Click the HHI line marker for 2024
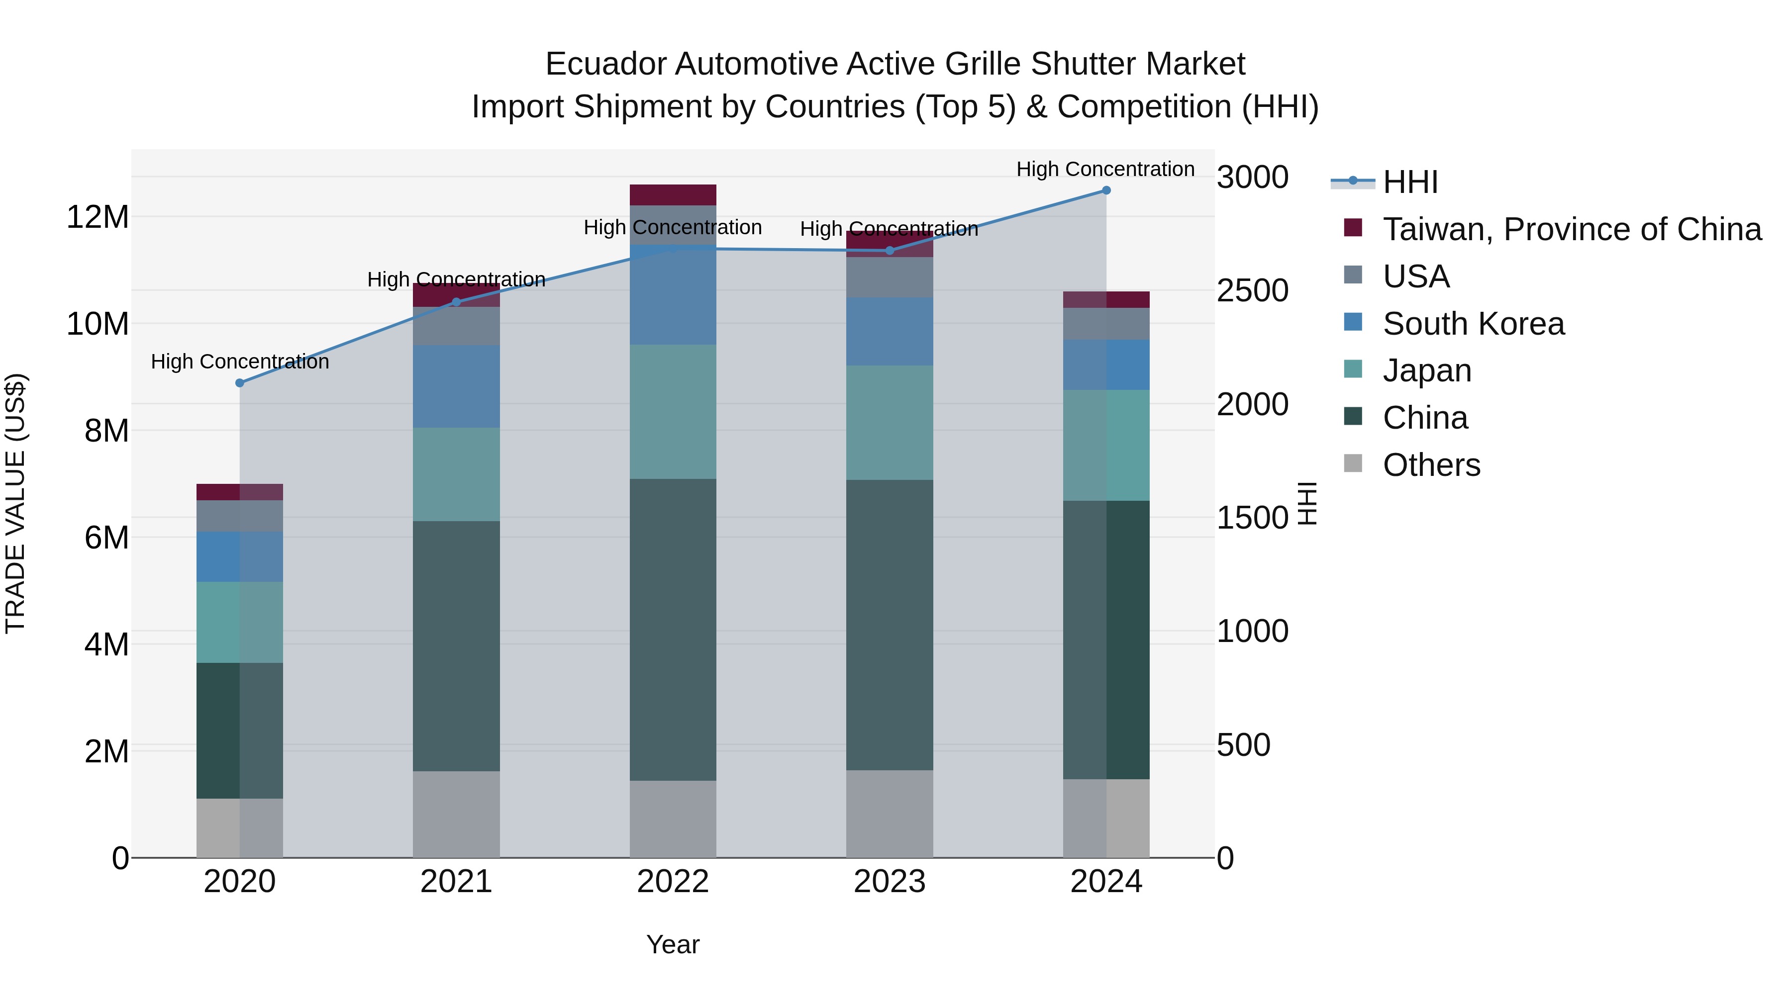tap(1106, 190)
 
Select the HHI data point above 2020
tap(240, 383)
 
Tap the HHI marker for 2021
tap(456, 302)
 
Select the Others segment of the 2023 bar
tap(889, 813)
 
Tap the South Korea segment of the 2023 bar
tap(889, 332)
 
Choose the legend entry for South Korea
tap(1473, 324)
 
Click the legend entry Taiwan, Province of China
tap(1571, 229)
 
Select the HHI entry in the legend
tap(1410, 182)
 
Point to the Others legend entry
tap(1431, 465)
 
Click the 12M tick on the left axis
tap(98, 217)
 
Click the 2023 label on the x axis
tap(889, 882)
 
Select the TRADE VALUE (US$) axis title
tap(15, 503)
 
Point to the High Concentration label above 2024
tap(1105, 169)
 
